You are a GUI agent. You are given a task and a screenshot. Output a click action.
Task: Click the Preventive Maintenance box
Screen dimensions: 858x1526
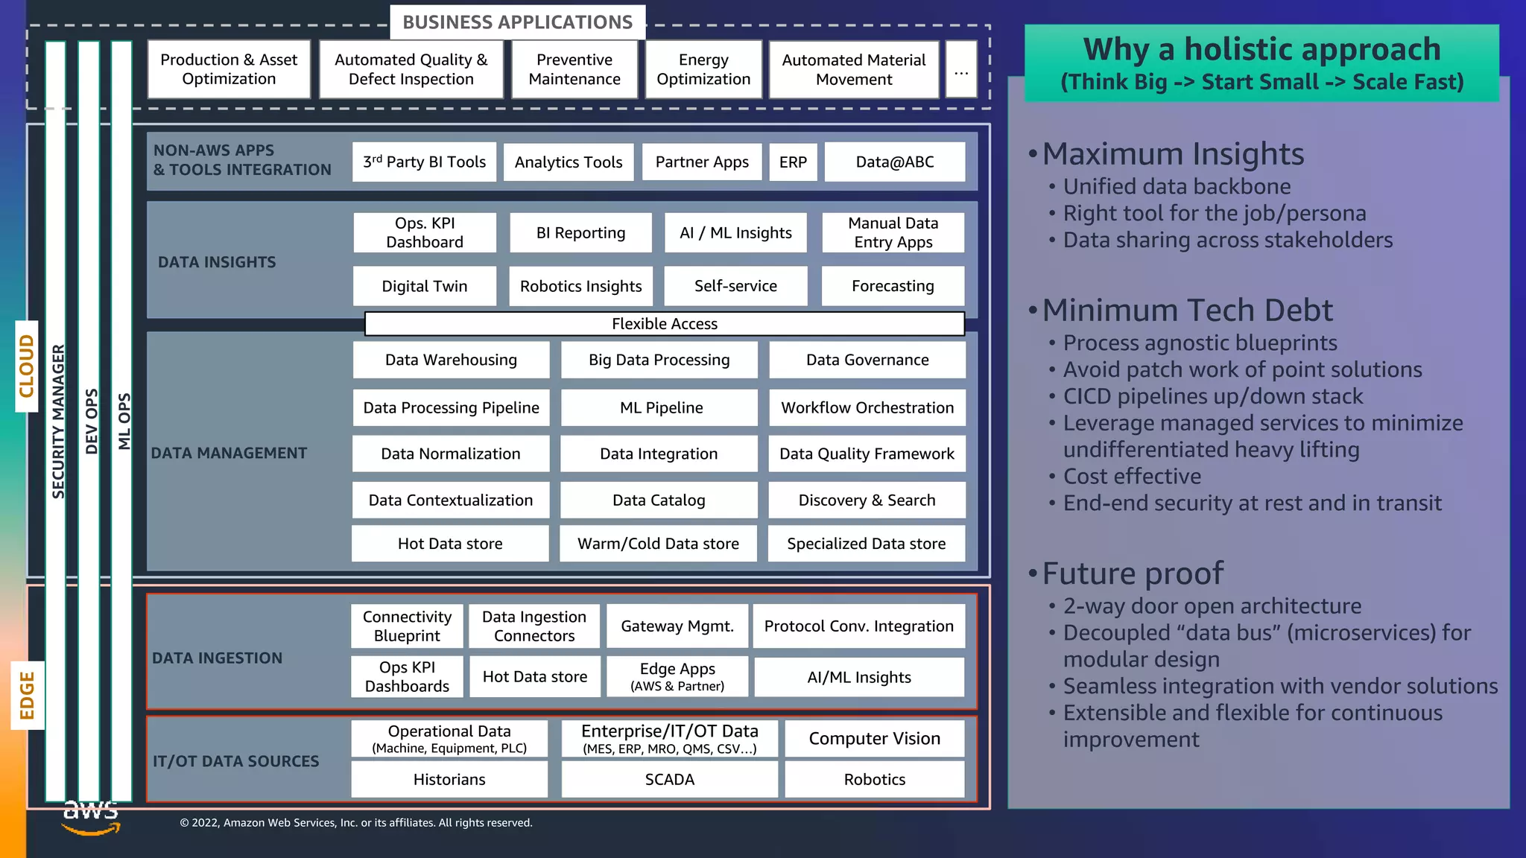pos(574,69)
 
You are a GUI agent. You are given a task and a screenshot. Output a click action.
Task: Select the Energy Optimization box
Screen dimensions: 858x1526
pos(703,69)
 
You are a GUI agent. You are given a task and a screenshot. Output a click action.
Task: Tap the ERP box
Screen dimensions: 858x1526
pos(793,162)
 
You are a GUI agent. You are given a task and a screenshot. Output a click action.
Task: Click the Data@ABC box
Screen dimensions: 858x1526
pos(894,162)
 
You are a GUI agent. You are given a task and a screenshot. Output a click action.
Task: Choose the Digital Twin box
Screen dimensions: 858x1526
pos(424,286)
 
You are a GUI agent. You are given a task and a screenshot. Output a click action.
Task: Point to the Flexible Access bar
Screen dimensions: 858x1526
pos(664,323)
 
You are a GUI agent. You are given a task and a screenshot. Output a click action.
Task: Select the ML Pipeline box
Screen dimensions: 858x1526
pos(660,407)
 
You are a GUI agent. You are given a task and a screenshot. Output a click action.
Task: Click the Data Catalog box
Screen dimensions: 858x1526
pos(659,500)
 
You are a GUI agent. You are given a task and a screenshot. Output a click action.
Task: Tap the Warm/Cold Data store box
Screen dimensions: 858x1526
pos(658,544)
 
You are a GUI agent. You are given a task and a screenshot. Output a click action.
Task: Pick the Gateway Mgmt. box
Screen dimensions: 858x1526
pos(677,626)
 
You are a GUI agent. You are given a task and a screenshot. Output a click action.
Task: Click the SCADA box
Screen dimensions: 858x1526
pos(669,779)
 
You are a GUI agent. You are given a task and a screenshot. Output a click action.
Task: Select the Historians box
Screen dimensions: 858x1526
pos(449,779)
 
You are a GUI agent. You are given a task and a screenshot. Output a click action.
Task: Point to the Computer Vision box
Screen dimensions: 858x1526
pos(874,738)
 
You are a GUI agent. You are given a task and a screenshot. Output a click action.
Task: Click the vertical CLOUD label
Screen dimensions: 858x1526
pos(27,366)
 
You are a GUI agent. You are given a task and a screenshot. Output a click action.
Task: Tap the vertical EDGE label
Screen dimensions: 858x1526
pos(28,695)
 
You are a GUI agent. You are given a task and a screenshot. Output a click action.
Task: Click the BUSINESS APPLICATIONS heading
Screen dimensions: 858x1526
pos(517,22)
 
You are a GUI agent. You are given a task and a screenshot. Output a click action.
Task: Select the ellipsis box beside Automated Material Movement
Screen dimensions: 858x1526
pos(961,69)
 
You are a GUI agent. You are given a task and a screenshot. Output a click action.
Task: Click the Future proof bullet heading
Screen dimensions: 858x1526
pos(1133,573)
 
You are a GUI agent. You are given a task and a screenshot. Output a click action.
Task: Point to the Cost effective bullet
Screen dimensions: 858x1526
pos(1132,476)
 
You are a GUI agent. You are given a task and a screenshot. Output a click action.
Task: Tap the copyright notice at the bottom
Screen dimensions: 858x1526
pos(356,822)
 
